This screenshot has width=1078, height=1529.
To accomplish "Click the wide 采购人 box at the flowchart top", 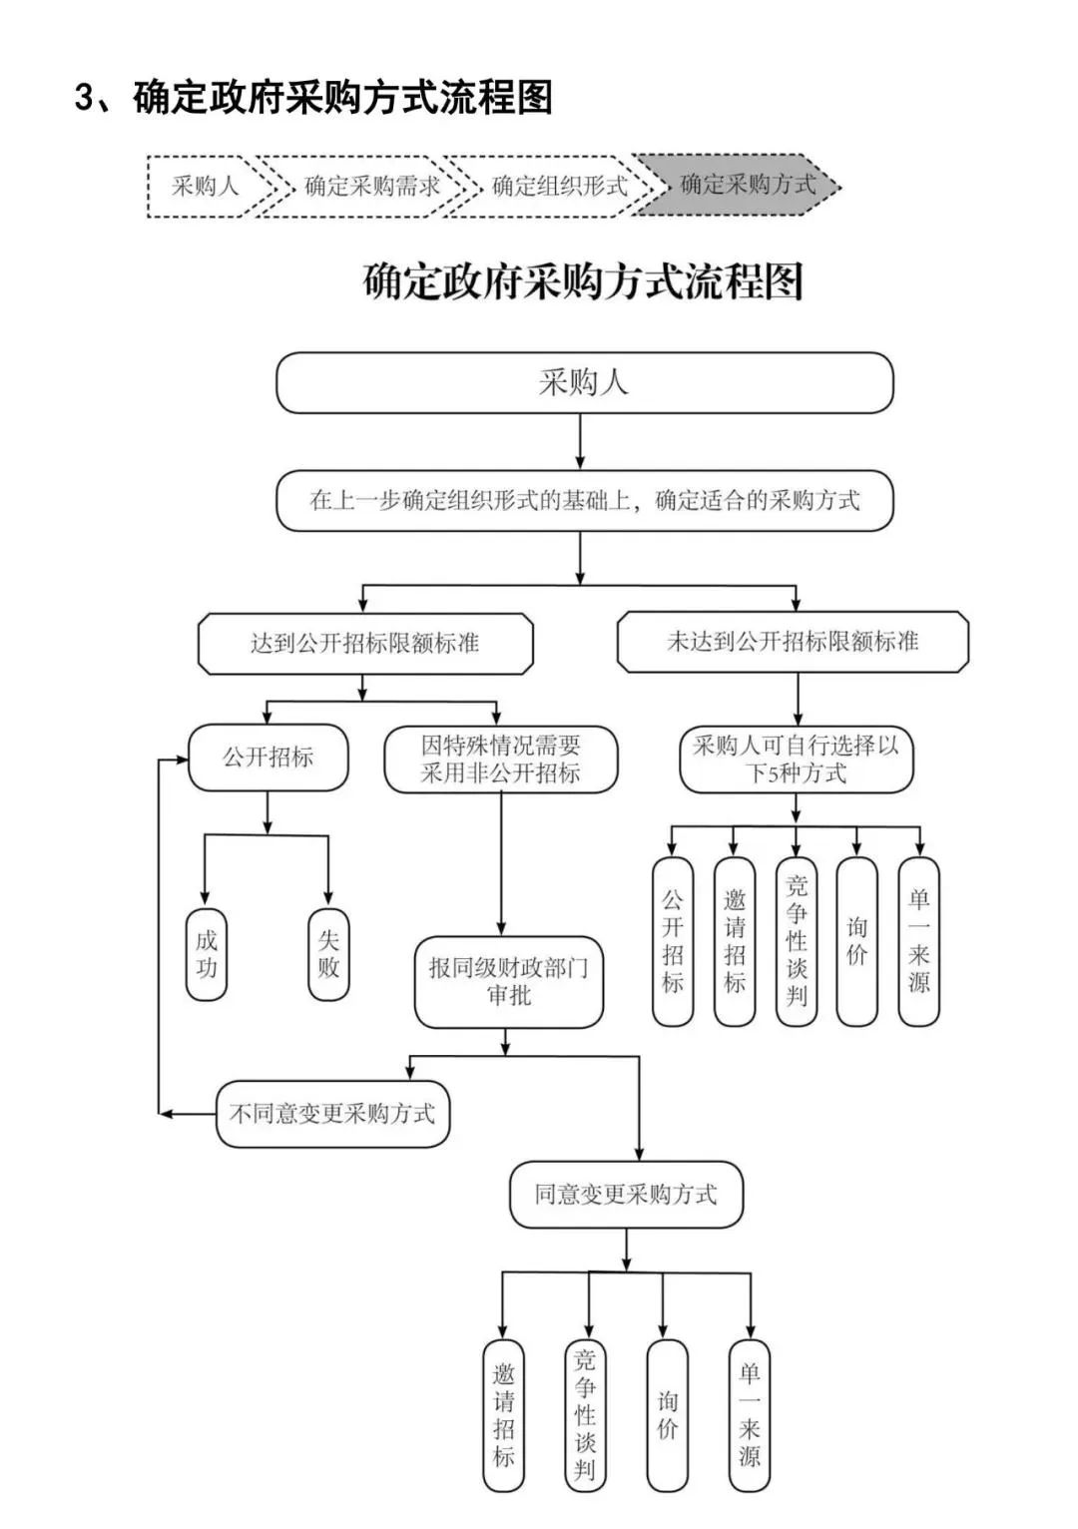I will pos(584,383).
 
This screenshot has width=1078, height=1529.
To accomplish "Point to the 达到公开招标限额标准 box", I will pos(365,644).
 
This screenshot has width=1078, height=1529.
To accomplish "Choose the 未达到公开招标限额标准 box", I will pos(793,643).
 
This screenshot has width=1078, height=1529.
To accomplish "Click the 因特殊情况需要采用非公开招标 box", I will pos(501,760).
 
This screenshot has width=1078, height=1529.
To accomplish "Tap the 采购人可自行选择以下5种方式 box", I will pos(796,760).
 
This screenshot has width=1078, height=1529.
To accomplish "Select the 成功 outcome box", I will pos(207,954).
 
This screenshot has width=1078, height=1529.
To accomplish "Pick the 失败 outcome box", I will pos(328,954).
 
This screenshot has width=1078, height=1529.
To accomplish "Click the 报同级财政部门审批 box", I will pos(509,982).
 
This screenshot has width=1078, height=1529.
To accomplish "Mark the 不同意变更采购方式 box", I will pos(332,1114).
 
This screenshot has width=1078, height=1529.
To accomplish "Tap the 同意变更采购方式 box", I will pos(626,1195).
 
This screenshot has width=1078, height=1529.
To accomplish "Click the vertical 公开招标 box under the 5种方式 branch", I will pos(673,941).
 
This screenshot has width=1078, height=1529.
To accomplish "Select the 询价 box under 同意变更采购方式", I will pos(668,1415).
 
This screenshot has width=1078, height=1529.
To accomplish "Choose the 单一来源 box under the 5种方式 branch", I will pos(918,941).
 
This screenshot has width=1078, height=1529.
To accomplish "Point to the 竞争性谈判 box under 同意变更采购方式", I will pos(585,1415).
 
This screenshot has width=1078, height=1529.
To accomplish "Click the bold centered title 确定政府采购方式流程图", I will pos(584,282).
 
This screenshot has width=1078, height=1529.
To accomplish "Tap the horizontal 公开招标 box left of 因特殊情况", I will pos(268,758).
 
